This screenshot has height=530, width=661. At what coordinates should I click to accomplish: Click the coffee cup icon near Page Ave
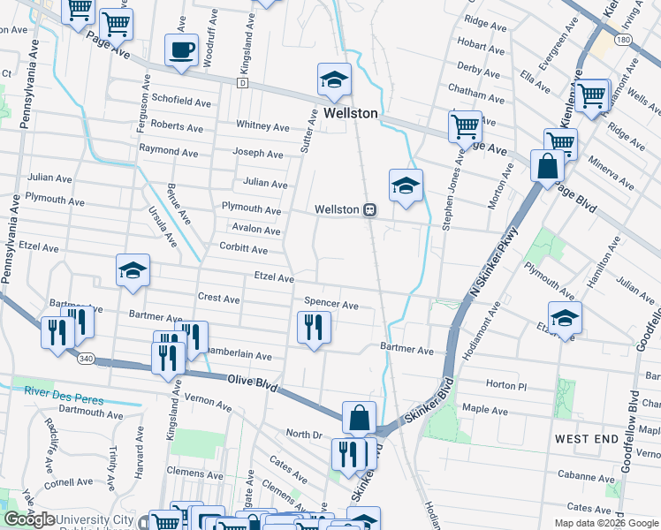tap(182, 50)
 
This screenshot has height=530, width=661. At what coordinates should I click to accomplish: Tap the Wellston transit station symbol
tap(371, 210)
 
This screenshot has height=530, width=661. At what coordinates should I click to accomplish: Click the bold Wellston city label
tap(350, 114)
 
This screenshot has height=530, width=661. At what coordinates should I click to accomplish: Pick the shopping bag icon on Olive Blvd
tap(359, 417)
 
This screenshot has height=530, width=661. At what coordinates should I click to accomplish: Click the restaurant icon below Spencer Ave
tap(313, 328)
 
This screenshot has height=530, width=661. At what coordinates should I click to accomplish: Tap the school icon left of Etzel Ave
tap(133, 271)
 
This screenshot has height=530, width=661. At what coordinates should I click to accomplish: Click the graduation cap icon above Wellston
tap(334, 79)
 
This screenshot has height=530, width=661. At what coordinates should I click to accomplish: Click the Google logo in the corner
tap(30, 519)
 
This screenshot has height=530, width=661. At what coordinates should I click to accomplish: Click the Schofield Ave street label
tap(181, 102)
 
